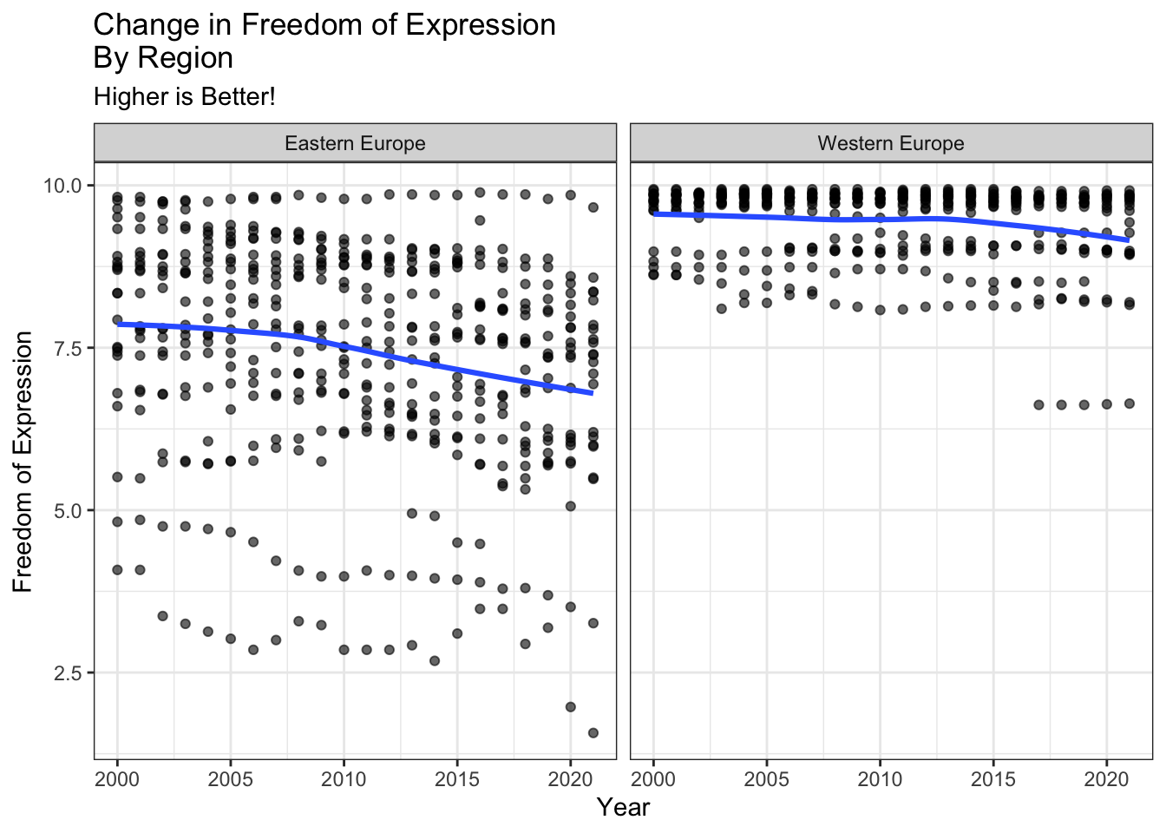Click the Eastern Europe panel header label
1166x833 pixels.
click(355, 143)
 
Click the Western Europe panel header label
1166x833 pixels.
click(891, 143)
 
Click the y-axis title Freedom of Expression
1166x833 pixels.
click(23, 462)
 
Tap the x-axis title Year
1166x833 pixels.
click(623, 807)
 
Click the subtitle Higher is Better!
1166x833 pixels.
click(184, 96)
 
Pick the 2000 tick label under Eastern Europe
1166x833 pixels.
click(117, 778)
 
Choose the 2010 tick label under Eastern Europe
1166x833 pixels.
click(344, 778)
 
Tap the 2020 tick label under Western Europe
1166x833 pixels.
click(1106, 778)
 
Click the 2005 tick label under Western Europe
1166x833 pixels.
click(767, 778)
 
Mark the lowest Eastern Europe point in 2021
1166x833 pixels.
click(593, 733)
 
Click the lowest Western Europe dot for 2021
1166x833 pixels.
click(1130, 403)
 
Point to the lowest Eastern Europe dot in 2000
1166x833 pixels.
click(117, 570)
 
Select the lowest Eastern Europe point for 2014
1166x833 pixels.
click(435, 661)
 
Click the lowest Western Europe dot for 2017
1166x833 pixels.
click(1038, 405)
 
